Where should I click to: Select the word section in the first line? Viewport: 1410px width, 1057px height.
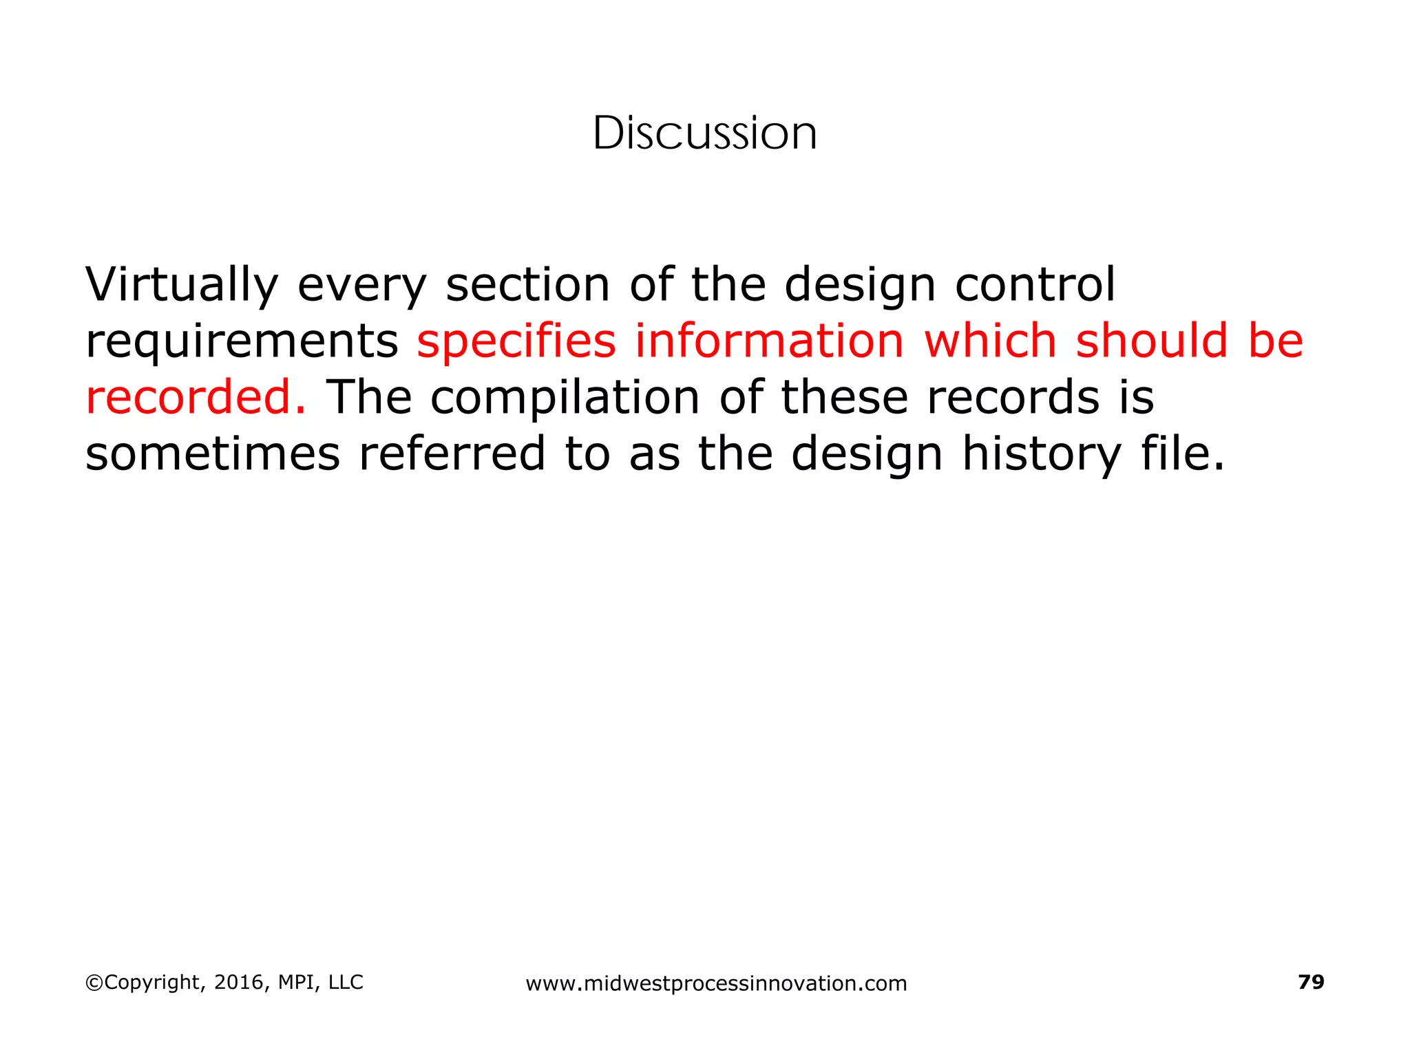point(527,285)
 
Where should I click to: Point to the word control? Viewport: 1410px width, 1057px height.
point(1035,285)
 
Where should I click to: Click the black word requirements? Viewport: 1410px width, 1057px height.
point(242,342)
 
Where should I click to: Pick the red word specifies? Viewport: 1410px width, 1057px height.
point(516,342)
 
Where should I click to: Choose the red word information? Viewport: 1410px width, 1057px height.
point(769,341)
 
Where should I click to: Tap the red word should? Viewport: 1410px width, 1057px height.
point(1152,341)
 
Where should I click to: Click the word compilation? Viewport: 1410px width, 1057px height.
point(565,398)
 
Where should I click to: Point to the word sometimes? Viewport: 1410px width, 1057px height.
point(213,454)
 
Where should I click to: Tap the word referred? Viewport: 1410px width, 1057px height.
point(452,454)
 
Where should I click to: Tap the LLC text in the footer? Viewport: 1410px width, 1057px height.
point(346,983)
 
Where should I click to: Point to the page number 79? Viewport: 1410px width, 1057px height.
point(1311,982)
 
